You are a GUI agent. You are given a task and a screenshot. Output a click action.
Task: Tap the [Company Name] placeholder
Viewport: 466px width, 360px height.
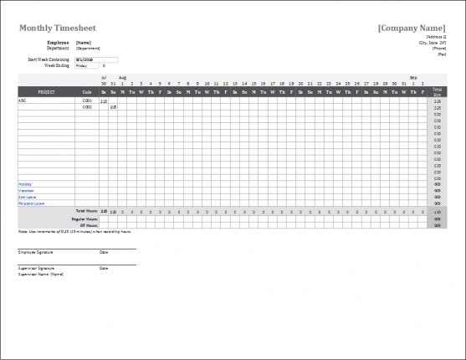pos(412,28)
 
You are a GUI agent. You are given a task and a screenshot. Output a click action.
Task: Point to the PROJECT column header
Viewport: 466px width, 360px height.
pos(47,91)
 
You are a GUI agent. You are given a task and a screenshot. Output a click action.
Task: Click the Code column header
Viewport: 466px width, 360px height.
pos(87,91)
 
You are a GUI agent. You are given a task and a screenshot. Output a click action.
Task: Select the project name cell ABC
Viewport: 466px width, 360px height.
pos(23,100)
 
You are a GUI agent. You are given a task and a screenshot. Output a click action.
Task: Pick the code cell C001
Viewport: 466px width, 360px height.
pos(87,100)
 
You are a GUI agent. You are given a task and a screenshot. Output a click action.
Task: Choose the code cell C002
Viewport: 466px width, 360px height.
pos(87,107)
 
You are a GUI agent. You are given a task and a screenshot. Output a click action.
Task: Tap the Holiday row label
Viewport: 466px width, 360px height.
pos(25,183)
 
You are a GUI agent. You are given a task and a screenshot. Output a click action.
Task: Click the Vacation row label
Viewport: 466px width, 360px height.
pos(26,190)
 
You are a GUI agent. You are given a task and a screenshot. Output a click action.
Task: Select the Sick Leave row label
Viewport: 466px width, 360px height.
pos(27,197)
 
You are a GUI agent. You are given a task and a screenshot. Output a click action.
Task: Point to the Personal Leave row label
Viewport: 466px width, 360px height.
pos(31,203)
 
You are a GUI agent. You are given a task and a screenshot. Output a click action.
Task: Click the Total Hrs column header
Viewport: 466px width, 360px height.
pos(438,91)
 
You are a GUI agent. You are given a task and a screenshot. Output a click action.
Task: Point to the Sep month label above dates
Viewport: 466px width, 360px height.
pos(412,77)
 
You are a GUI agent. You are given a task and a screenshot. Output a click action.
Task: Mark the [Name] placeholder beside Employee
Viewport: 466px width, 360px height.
pos(84,42)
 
